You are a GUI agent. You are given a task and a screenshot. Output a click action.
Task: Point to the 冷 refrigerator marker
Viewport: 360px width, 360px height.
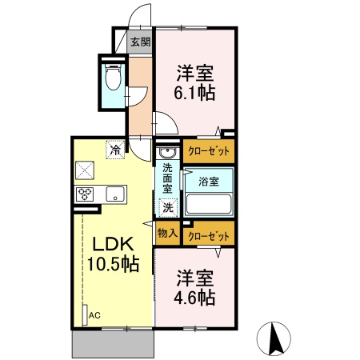pyautogui.click(x=116, y=149)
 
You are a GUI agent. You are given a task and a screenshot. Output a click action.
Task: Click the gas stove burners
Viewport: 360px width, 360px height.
pyautogui.click(x=86, y=194)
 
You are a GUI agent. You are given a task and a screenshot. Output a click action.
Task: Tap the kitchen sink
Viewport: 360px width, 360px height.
pyautogui.click(x=114, y=194)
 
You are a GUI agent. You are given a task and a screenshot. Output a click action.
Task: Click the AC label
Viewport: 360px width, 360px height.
pyautogui.click(x=94, y=314)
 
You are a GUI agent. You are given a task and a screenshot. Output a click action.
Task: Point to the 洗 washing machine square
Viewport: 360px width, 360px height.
pyautogui.click(x=168, y=207)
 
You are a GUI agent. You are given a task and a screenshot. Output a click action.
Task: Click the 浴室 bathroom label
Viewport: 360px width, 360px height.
pyautogui.click(x=209, y=182)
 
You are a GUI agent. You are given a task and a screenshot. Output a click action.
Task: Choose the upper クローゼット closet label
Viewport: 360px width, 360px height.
pyautogui.click(x=209, y=150)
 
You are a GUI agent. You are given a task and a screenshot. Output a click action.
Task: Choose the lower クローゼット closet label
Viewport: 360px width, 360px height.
pyautogui.click(x=209, y=236)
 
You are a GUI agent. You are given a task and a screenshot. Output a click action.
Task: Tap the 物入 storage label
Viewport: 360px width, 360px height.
pyautogui.click(x=167, y=234)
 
